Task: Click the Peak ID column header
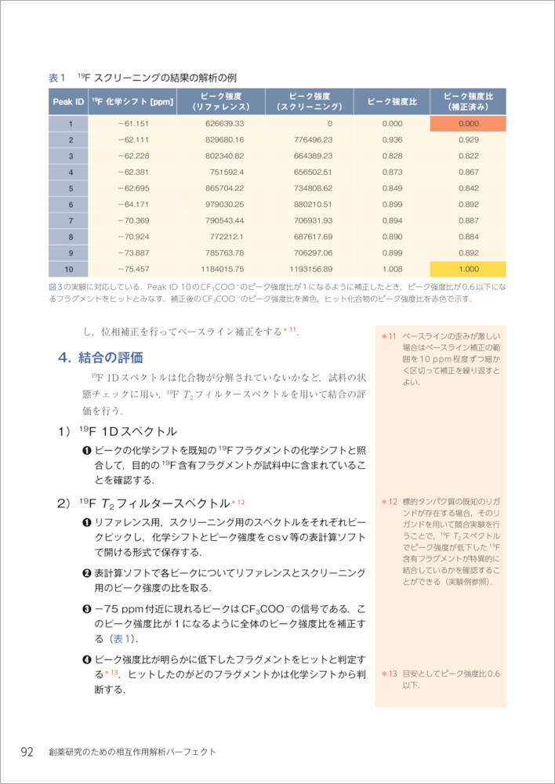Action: point(68,102)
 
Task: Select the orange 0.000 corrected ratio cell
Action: point(468,123)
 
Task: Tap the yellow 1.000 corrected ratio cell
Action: point(468,268)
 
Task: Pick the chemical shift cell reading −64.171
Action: point(132,204)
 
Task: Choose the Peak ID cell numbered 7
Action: point(69,220)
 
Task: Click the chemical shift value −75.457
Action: point(132,268)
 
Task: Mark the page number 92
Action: point(27,752)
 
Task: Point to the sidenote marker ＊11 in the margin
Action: point(390,337)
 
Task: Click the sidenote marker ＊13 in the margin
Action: point(390,673)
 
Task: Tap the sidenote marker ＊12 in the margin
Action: point(390,501)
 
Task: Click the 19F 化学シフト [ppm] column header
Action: point(132,102)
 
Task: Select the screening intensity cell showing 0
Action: point(329,123)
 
